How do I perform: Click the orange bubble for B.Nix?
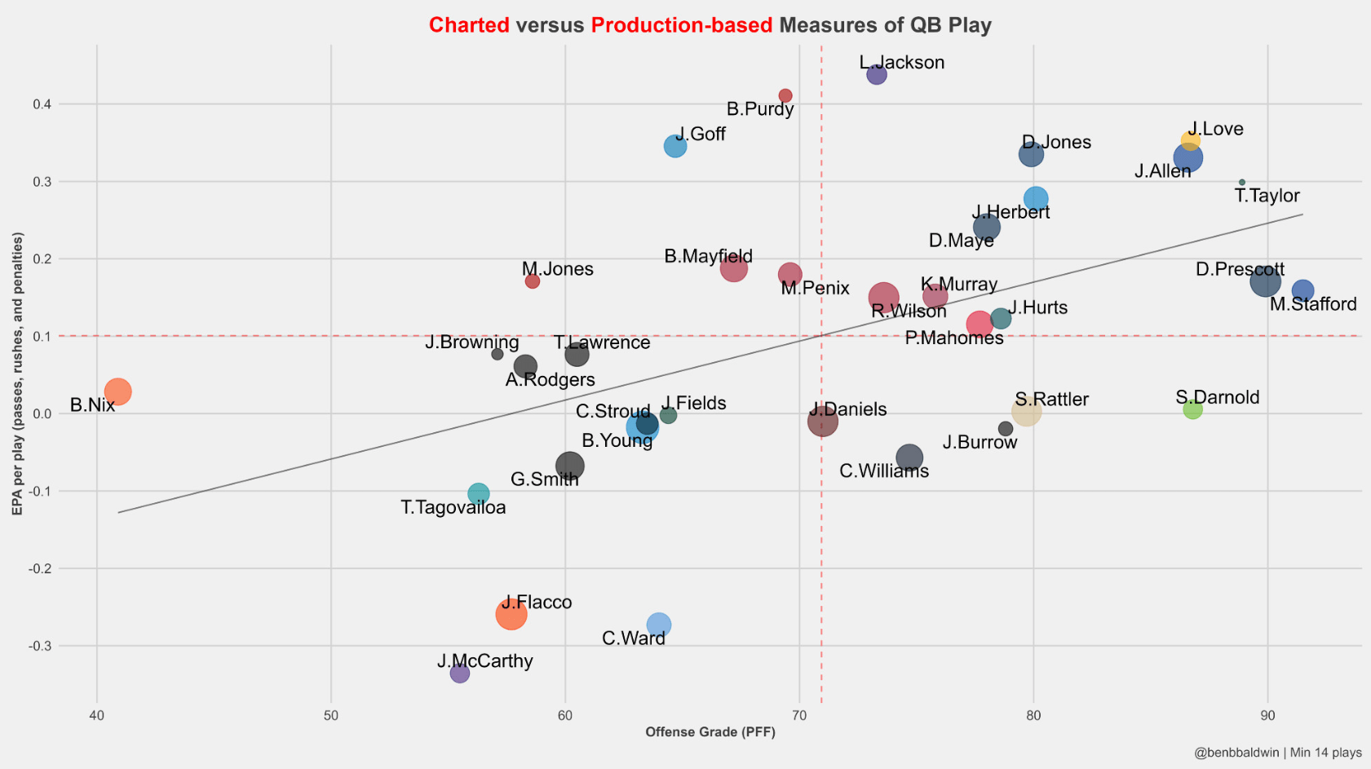tap(117, 391)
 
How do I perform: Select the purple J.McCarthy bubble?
tap(460, 673)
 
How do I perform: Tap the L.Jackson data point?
tap(877, 74)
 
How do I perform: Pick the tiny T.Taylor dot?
tap(1242, 183)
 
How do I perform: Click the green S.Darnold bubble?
tap(1192, 409)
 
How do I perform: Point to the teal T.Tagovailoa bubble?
tap(479, 493)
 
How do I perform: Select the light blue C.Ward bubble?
tap(659, 625)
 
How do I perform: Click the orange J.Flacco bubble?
tap(511, 614)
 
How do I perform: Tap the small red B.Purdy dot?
tap(785, 95)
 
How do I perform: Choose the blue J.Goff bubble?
tap(675, 146)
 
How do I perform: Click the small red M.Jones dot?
tap(533, 281)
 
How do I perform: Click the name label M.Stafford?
tap(1313, 305)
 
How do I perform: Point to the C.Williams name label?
tap(884, 471)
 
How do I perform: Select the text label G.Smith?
tap(545, 480)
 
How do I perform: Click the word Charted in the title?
tap(469, 25)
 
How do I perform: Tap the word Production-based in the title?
tap(681, 25)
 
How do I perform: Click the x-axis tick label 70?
tap(799, 716)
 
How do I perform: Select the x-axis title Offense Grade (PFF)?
tap(710, 732)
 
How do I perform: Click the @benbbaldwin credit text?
tap(1236, 753)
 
